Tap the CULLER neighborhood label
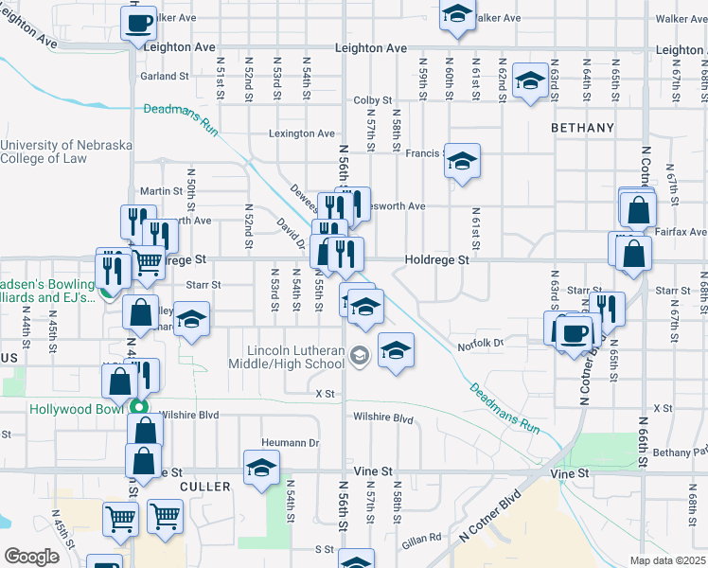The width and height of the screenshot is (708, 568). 204,486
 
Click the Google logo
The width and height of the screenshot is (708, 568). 31,557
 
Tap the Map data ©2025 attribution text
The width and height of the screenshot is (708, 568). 667,560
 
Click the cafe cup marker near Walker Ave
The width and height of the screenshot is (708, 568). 138,22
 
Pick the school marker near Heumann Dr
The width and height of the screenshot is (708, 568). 261,468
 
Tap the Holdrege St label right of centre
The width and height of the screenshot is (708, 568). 436,258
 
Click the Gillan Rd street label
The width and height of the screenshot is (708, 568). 421,537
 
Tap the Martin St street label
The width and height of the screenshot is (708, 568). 161,191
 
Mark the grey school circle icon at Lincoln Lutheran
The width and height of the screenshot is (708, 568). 359,356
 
